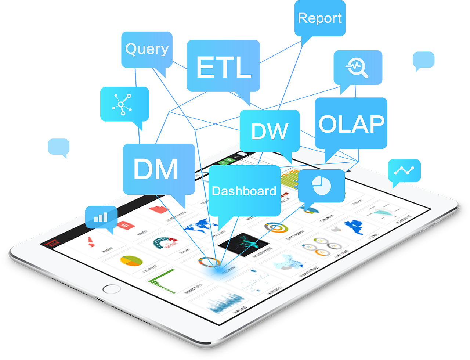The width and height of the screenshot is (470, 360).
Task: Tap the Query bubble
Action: (147, 49)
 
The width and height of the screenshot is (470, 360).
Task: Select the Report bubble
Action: (320, 18)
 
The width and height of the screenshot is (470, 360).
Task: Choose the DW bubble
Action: (270, 131)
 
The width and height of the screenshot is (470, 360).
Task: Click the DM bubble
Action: (158, 169)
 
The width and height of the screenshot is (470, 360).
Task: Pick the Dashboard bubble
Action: (244, 191)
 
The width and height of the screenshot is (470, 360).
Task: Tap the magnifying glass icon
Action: (357, 68)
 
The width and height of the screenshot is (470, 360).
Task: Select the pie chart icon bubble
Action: (321, 185)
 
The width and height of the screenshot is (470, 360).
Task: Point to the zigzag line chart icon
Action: (404, 170)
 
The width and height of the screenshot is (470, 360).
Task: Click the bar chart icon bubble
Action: (101, 217)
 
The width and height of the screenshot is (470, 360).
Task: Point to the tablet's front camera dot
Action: (348, 170)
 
